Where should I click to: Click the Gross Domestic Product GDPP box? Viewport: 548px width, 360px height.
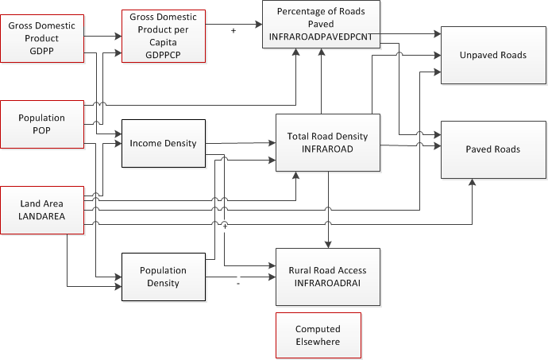pos(42,37)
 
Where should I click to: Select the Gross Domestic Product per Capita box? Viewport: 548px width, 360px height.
pos(164,37)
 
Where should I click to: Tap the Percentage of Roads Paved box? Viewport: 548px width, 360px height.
pos(321,24)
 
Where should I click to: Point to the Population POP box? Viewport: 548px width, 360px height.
pos(42,124)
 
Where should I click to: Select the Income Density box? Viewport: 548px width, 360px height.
pos(163,144)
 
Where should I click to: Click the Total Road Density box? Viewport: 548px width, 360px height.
pos(327,143)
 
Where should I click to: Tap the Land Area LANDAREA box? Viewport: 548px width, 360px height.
pos(42,210)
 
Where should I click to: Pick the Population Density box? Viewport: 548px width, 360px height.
pos(163,277)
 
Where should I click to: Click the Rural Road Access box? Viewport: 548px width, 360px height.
pos(327,277)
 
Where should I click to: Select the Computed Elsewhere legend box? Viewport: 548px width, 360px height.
pos(318,335)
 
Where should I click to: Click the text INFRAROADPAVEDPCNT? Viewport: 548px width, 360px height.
pos(321,35)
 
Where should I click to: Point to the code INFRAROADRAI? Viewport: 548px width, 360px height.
pos(327,282)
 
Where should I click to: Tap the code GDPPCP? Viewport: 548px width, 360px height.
pos(164,56)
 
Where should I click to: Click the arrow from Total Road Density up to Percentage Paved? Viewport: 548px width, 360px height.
pos(322,79)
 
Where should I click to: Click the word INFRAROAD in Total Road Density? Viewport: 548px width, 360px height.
pos(327,149)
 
